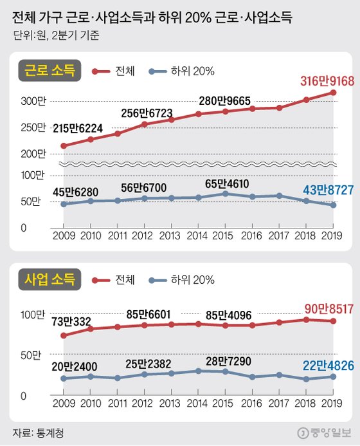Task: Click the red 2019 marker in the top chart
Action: tap(333, 93)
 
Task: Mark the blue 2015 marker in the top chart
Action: tap(225, 193)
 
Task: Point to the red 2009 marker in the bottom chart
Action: tap(63, 335)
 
